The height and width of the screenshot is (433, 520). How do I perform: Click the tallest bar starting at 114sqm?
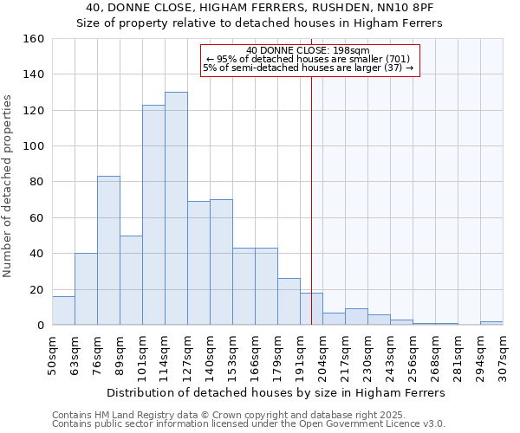coord(176,209)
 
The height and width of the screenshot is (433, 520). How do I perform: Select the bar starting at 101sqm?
coord(153,215)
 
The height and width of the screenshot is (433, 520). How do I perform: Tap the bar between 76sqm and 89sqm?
coord(108,250)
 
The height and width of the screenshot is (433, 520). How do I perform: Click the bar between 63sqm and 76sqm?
coord(86,289)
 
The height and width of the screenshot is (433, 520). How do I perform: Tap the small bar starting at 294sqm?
coord(491,323)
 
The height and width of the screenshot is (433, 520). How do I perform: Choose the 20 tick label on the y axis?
coord(36,290)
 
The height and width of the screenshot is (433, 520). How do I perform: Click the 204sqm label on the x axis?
coord(323,355)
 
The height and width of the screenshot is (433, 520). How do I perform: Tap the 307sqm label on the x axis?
coord(504,355)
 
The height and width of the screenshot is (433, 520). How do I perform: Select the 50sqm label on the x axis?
coord(53,355)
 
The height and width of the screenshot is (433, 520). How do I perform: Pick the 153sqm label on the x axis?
coord(233,355)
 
